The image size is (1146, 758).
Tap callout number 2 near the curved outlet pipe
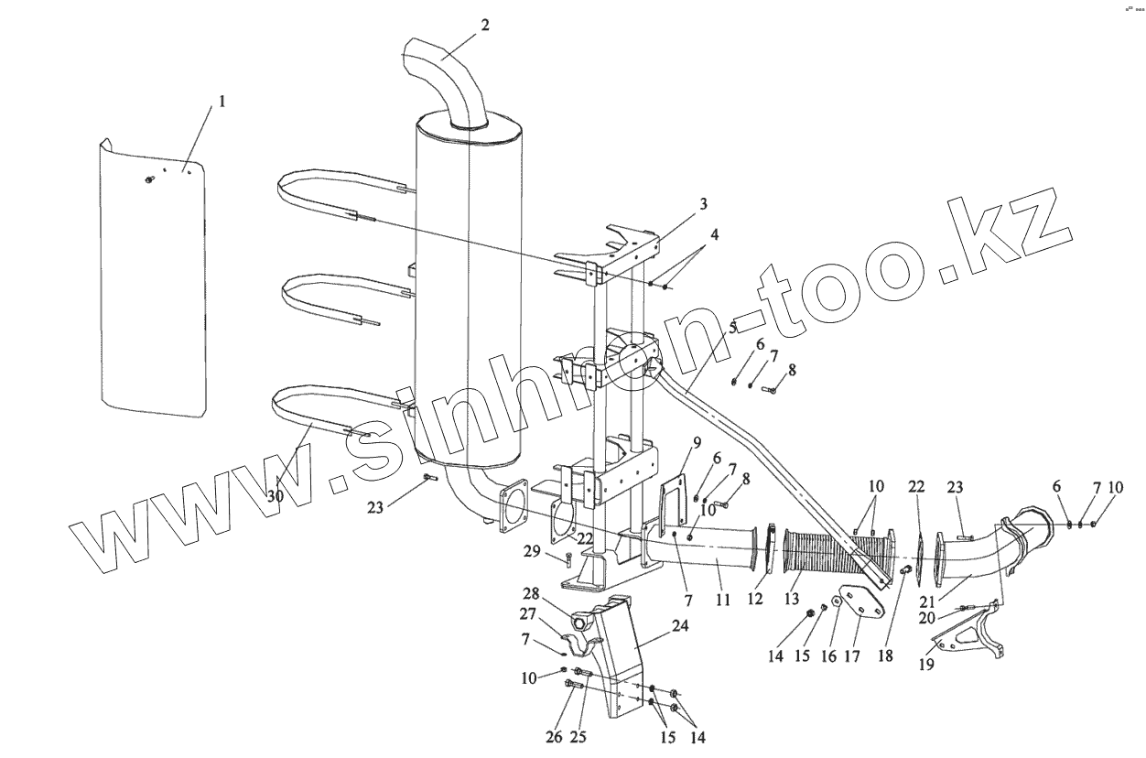(484, 25)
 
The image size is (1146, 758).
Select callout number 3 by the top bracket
(703, 204)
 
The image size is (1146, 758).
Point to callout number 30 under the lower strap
(275, 495)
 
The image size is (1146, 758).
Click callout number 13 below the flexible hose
(792, 601)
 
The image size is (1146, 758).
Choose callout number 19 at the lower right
(926, 666)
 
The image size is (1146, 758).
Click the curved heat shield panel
(151, 275)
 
